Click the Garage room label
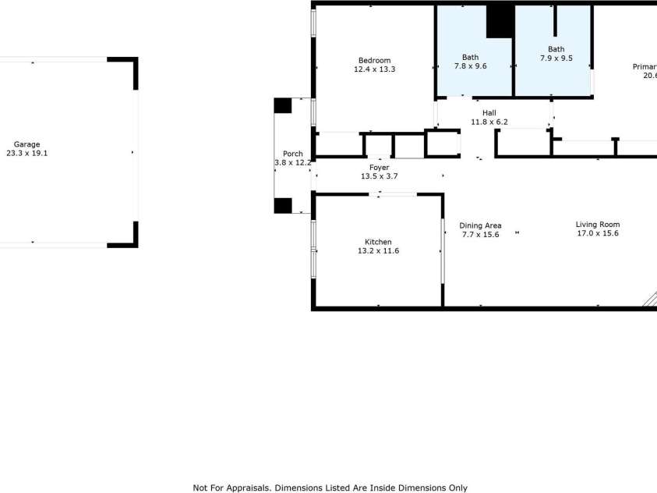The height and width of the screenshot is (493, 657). pos(27,144)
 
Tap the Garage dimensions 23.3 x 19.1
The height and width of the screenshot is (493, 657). pos(27,154)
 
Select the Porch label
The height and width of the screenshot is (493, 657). pos(293,154)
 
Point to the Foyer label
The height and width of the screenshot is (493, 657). pos(379,168)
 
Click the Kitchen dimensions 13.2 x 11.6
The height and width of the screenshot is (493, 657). pos(378,251)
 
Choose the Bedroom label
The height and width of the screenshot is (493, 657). pos(374,61)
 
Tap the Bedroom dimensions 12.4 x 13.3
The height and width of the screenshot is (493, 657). pos(374,70)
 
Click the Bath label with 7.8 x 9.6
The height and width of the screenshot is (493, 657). pos(470,57)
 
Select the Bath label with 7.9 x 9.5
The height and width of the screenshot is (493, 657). pos(556,49)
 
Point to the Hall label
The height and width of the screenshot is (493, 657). pos(489,113)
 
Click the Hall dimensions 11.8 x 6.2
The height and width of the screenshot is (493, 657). pos(489,122)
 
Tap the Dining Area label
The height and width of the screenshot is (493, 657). pos(481,225)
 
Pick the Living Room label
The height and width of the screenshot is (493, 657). pos(598,225)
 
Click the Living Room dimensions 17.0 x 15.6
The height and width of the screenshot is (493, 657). pos(598,234)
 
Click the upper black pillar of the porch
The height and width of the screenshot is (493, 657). pos(282,105)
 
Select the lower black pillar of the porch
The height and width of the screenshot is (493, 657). pos(283,206)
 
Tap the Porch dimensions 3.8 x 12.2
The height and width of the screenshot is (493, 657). pos(293,163)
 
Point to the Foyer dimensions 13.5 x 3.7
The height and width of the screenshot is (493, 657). pos(379,177)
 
